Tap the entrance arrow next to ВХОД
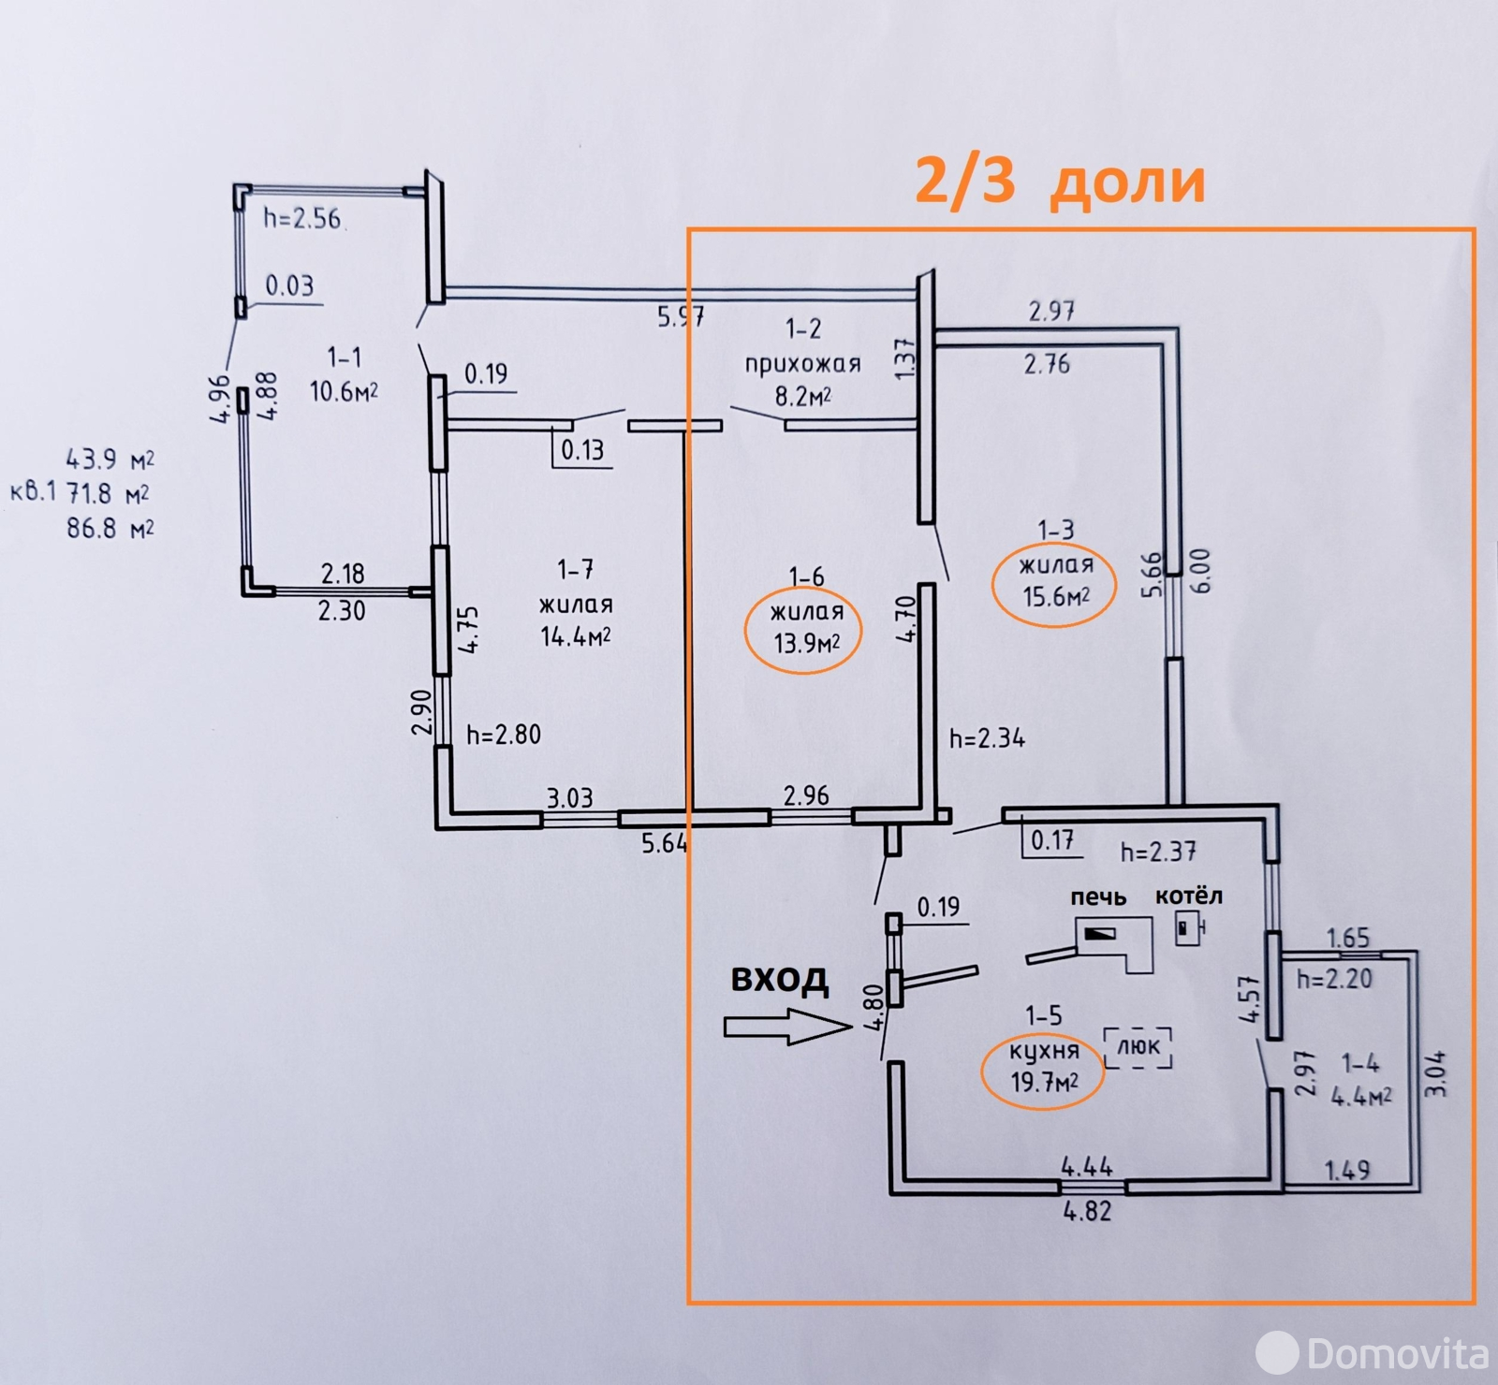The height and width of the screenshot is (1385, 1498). pos(787,1027)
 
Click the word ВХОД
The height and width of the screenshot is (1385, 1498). pos(779,979)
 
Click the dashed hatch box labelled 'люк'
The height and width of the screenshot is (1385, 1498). pos(1138,1048)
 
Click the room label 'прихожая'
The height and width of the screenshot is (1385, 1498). pos(802,364)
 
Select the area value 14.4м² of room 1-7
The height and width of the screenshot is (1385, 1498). pos(576,637)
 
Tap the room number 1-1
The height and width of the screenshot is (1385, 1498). pos(344,357)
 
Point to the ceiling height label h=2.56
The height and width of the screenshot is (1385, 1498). pos(301,218)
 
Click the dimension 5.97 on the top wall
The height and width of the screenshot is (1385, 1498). pos(681,316)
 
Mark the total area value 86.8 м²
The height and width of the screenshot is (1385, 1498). pos(110,528)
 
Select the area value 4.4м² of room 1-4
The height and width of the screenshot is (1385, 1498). pos(1360,1096)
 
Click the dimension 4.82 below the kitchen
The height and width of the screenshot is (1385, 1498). pos(1087,1211)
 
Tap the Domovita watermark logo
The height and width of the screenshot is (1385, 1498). pos(1372,1351)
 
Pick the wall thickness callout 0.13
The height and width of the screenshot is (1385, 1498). pos(582,450)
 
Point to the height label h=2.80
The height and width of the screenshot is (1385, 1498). pos(504,734)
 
